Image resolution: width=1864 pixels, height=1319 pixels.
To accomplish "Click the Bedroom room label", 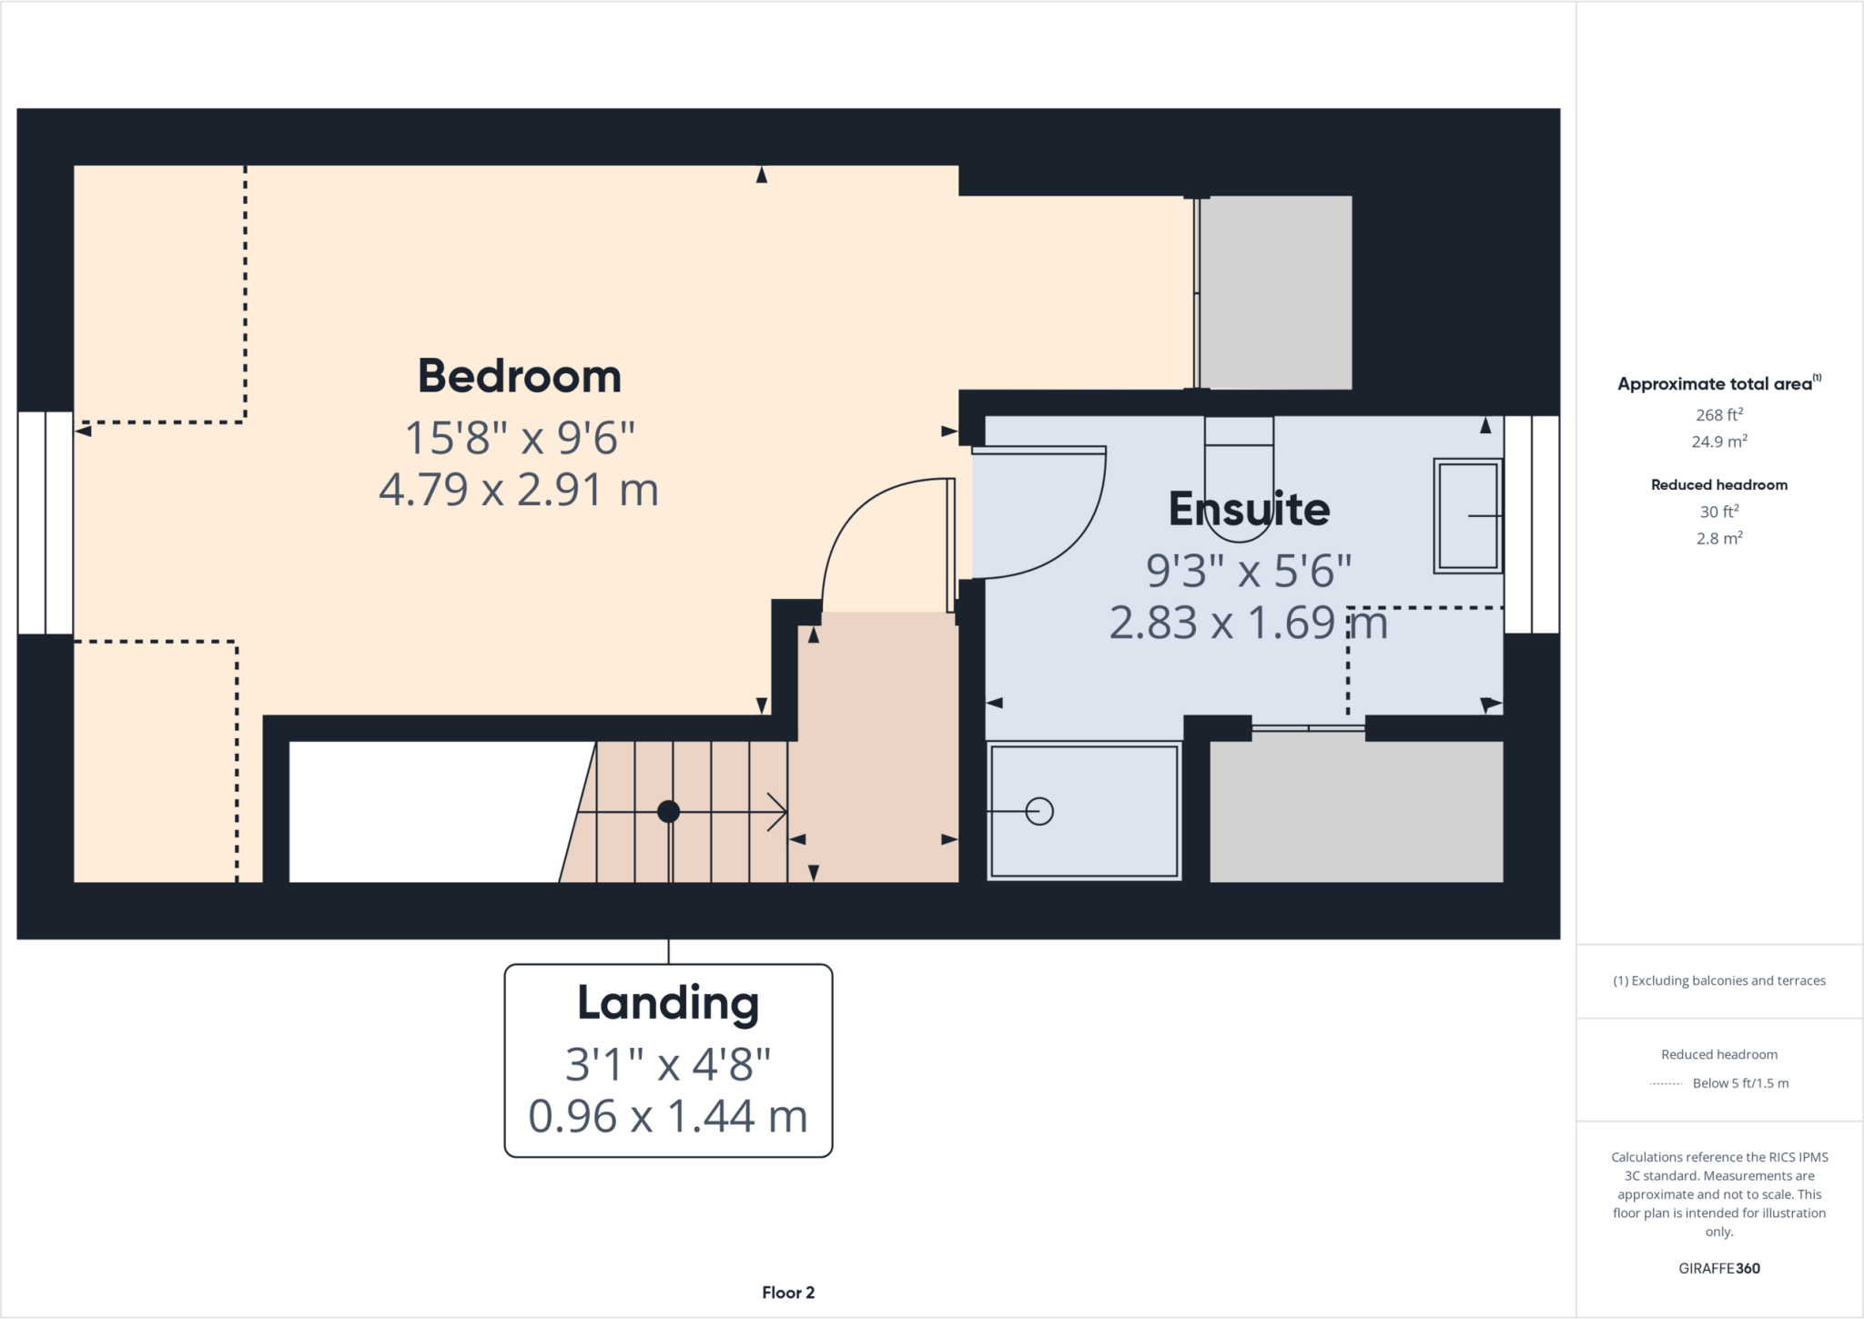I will [x=519, y=377].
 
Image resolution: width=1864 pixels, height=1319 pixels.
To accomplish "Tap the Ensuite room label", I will [x=1249, y=510].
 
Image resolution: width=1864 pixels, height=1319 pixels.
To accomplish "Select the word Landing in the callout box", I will [x=668, y=1004].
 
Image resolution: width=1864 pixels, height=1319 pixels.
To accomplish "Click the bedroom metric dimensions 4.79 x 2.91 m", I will [x=519, y=490].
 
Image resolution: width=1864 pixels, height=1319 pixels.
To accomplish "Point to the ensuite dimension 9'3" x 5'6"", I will [x=1249, y=572].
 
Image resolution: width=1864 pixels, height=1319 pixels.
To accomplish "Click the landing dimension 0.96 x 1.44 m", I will [x=668, y=1117].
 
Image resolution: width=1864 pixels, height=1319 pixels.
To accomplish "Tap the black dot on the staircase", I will [x=668, y=811].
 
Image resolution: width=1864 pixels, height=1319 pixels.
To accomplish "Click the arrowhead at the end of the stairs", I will [x=778, y=811].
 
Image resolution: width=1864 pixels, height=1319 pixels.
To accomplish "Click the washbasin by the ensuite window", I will [x=1467, y=516].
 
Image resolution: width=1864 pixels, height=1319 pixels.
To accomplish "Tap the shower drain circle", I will [x=1039, y=811].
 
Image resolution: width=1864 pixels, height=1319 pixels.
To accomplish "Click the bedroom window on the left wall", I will [x=46, y=523].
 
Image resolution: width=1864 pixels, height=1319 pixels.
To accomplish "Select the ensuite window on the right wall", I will [x=1532, y=524].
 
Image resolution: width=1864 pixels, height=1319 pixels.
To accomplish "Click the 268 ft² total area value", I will [x=1718, y=415].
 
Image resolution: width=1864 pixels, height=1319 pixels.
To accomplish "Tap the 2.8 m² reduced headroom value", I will [x=1718, y=539].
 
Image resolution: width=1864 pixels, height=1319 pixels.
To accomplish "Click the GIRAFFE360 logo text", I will [x=1718, y=1268].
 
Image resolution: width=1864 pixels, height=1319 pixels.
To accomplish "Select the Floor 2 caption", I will [x=788, y=1293].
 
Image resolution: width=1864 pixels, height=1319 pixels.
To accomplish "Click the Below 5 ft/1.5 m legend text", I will [x=1740, y=1083].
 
